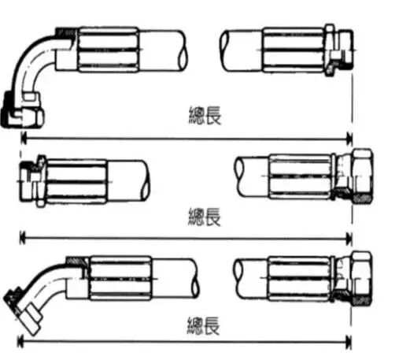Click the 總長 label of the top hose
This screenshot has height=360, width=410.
[205, 115]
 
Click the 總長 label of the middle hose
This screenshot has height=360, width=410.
[205, 217]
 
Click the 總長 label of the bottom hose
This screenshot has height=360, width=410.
[203, 325]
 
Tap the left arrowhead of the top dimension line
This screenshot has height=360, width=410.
[24, 139]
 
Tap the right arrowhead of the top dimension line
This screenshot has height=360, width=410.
[349, 139]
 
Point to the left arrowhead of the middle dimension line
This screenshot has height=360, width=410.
[23, 238]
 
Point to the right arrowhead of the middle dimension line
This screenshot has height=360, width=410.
[349, 239]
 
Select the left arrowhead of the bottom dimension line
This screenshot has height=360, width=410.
[20, 341]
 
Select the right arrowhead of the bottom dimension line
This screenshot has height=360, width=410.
[349, 342]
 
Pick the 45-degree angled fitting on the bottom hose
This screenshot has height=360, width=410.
[39, 294]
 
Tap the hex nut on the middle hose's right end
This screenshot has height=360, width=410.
[362, 176]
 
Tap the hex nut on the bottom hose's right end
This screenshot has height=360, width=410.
[361, 278]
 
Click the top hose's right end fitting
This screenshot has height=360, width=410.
[339, 50]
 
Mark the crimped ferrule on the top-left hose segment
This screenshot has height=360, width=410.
[108, 50]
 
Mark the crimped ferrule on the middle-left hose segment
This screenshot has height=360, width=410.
[76, 181]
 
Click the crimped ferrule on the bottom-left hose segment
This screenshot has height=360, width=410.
[120, 278]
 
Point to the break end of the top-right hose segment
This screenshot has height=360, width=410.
[223, 50]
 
